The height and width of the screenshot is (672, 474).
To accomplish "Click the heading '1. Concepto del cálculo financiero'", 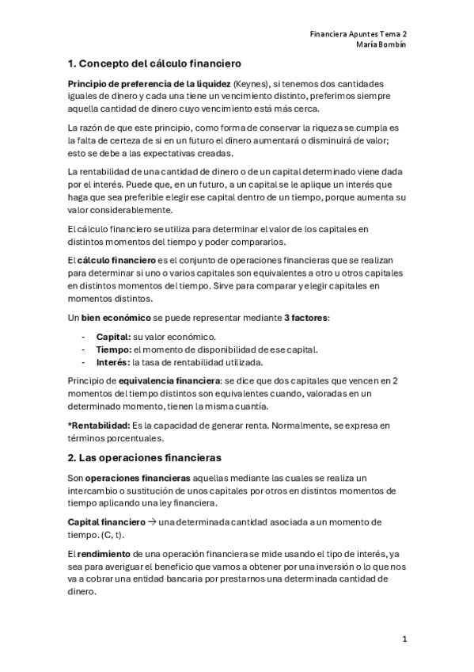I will [154, 63].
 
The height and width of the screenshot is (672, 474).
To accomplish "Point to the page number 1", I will [404, 639].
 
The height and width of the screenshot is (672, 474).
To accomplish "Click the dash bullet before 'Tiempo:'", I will [83, 349].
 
